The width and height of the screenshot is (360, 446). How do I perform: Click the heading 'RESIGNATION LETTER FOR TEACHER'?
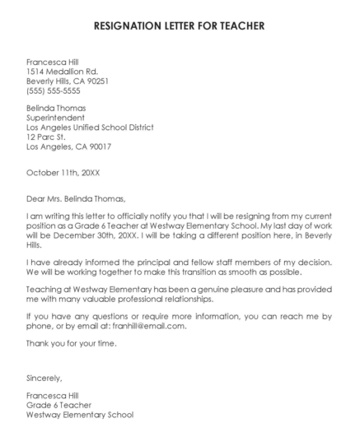coord(180,26)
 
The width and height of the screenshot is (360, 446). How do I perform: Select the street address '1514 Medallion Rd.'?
coord(62,72)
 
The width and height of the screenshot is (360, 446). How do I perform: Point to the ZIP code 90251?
coord(97,81)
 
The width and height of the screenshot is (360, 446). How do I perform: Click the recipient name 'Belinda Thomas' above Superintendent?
coord(56,108)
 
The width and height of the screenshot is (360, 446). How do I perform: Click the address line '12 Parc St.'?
coord(46,137)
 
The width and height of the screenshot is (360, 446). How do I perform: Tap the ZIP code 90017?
coord(97,147)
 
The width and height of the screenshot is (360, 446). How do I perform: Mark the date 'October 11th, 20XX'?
coord(63,173)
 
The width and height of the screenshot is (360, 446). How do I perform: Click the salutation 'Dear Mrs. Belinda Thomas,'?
coord(77,198)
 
